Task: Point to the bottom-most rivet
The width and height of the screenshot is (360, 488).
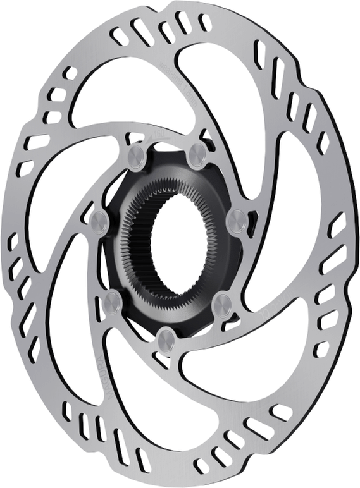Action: (166, 339)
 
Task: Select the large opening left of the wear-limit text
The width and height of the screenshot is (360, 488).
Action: (120, 88)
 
